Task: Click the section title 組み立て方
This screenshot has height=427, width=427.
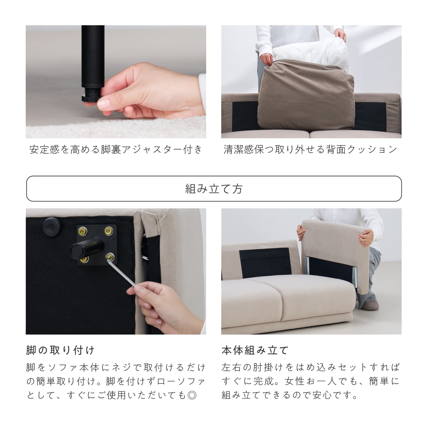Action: (214, 189)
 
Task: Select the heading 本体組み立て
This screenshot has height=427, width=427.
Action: (255, 350)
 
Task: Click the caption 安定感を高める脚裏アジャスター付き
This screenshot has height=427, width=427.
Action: (116, 150)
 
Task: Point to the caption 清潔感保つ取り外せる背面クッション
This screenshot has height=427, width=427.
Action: (311, 150)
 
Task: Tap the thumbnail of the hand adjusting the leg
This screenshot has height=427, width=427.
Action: (116, 82)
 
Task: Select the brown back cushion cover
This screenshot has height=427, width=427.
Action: (306, 95)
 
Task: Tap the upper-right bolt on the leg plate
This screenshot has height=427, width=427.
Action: (109, 231)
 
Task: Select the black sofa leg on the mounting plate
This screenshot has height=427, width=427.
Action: (87, 248)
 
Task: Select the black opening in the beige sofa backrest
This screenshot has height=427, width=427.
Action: (265, 263)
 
